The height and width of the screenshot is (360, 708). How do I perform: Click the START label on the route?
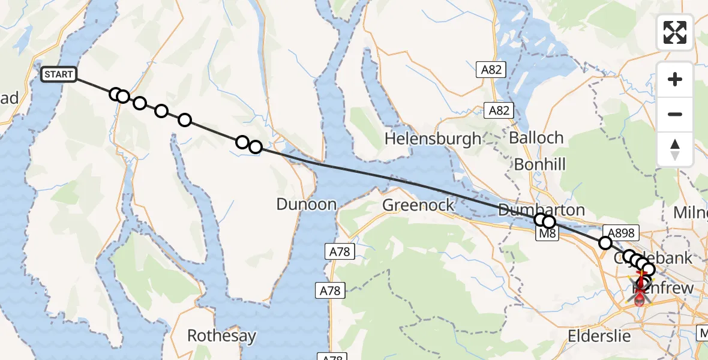point(59,75)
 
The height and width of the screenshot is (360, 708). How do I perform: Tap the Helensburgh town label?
point(433,139)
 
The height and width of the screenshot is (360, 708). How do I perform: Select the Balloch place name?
point(536,137)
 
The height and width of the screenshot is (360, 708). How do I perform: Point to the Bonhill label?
point(540,164)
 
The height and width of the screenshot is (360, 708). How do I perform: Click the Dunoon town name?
point(306,204)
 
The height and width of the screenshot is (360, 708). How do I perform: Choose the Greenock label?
point(419,206)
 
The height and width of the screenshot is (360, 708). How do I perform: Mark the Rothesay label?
point(222,335)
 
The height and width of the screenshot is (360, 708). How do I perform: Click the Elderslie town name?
point(600,335)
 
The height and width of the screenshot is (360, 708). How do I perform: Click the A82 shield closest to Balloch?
point(499,110)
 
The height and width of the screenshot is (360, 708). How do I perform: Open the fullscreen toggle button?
point(675,32)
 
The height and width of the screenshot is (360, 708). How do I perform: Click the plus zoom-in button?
point(675,79)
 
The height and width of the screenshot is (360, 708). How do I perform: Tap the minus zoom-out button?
point(675,114)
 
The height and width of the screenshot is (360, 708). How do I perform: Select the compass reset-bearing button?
point(675,149)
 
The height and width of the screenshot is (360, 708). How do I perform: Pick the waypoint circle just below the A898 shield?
point(605,243)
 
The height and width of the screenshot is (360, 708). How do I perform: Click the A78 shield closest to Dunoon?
point(340,251)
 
